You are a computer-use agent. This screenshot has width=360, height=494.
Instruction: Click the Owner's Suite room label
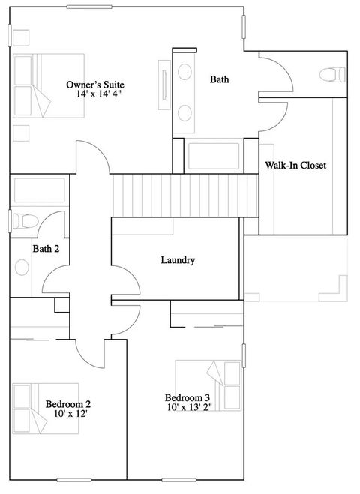[x=94, y=85]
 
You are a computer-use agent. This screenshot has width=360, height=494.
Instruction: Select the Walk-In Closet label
[x=295, y=165]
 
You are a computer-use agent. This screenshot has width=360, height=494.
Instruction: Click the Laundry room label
[x=178, y=260]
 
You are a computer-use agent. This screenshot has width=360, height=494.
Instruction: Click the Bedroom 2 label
[x=68, y=405]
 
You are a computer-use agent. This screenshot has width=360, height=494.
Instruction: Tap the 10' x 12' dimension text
[x=67, y=415]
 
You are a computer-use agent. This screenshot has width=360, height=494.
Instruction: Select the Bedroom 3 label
[x=187, y=398]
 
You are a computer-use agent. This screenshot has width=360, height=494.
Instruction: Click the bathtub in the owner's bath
[x=213, y=157]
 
